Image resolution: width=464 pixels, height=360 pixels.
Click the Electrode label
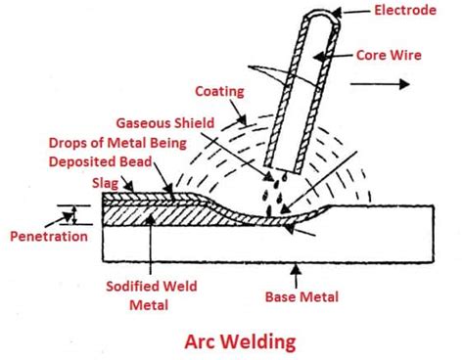[x=405, y=13]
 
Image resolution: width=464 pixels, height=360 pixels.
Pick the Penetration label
[x=44, y=236]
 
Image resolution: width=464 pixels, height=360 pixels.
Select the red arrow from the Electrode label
[x=353, y=13]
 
